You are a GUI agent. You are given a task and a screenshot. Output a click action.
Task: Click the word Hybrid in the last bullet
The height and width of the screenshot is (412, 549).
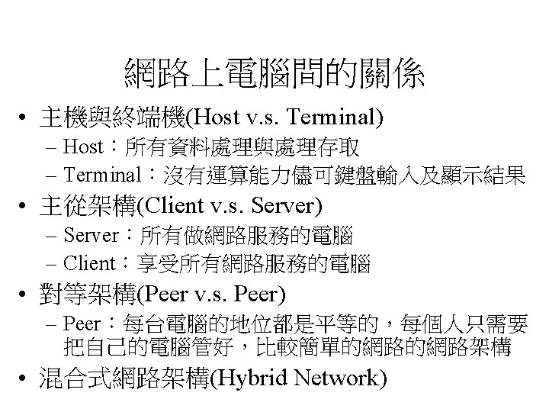[253, 379]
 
